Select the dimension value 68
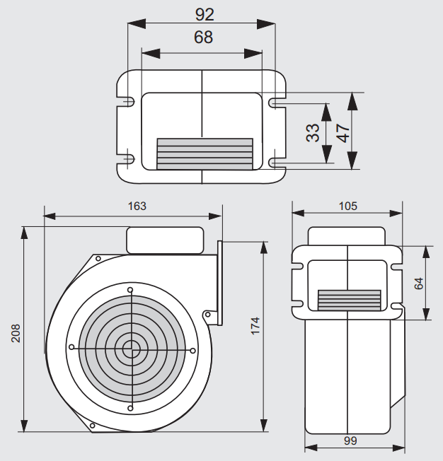click(x=203, y=37)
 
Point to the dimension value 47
click(x=343, y=132)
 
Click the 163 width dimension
click(x=137, y=206)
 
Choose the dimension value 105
click(x=348, y=206)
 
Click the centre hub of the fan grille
click(x=130, y=348)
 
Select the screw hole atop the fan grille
click(x=130, y=290)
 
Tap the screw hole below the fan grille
click(x=130, y=407)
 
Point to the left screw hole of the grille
click(x=71, y=348)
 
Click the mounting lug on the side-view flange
click(x=208, y=315)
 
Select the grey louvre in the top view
click(x=204, y=153)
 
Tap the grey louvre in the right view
click(x=349, y=300)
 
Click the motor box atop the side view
click(x=164, y=240)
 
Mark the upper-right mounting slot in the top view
click(x=276, y=103)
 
